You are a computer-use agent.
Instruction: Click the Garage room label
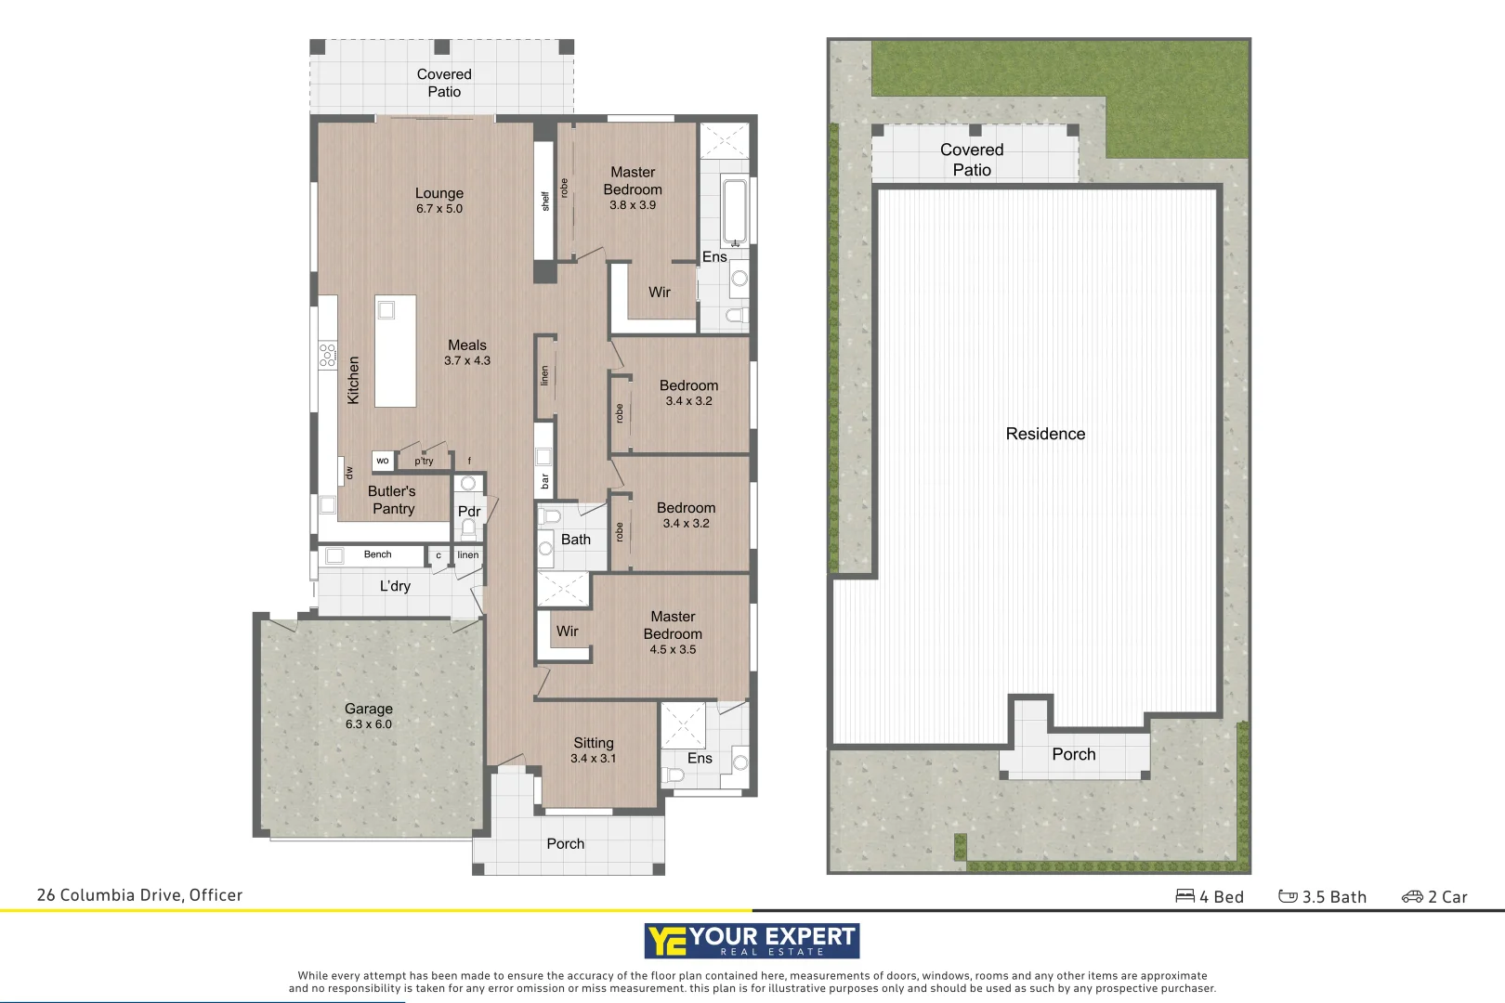[x=369, y=715]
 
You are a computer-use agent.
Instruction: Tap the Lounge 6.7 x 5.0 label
[x=439, y=200]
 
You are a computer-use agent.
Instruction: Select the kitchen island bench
[x=395, y=351]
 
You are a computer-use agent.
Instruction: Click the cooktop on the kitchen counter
[x=328, y=355]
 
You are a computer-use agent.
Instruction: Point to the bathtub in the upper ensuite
[x=735, y=211]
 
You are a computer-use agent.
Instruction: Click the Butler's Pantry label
[x=392, y=500]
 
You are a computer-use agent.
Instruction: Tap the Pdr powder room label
[x=469, y=512]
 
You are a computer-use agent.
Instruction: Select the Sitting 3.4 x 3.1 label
[x=594, y=749]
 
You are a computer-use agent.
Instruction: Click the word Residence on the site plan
[x=1045, y=434]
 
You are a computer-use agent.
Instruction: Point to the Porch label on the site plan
[x=1074, y=755]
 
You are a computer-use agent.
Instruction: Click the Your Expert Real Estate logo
[x=752, y=941]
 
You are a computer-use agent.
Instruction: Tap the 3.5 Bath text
[x=1324, y=897]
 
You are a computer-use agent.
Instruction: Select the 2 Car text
[x=1435, y=897]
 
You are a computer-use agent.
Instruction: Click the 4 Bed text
[x=1211, y=897]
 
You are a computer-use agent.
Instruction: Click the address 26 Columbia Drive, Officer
[x=139, y=895]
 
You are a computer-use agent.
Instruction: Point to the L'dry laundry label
[x=395, y=586]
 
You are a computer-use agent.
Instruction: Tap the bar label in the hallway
[x=544, y=481]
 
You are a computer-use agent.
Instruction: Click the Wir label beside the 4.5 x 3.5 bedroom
[x=567, y=632]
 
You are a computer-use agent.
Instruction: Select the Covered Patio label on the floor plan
[x=444, y=83]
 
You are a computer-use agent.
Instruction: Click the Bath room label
[x=575, y=540]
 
